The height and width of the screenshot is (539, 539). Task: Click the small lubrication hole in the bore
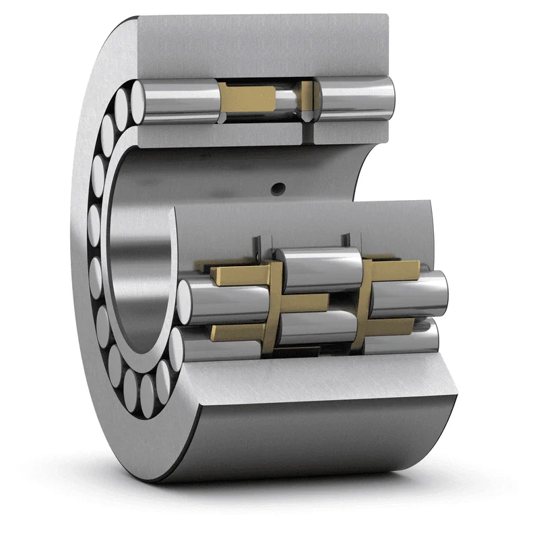(276, 190)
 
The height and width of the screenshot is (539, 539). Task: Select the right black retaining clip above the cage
(346, 240)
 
